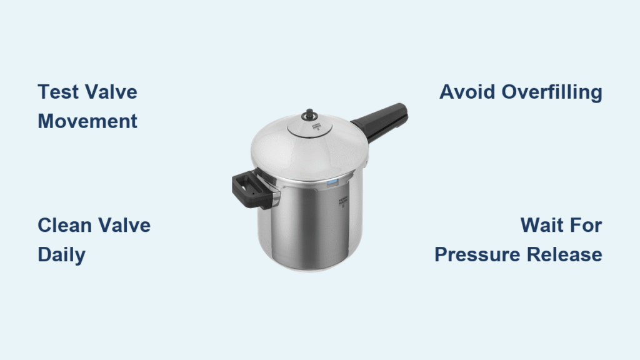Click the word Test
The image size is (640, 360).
pos(58,92)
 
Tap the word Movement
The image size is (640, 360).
pos(87,121)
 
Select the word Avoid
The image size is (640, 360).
pos(467,92)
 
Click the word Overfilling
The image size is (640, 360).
pos(552,92)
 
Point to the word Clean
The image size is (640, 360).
pos(65,225)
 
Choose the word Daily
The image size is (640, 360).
pos(62,255)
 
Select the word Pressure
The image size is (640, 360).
pos(477,254)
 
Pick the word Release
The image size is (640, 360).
pos(564,254)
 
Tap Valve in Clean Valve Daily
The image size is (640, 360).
pos(124,225)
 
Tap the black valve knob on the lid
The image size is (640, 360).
pos(309,115)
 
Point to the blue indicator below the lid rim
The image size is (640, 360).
pos(332,182)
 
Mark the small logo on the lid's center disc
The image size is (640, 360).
pos(316,126)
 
